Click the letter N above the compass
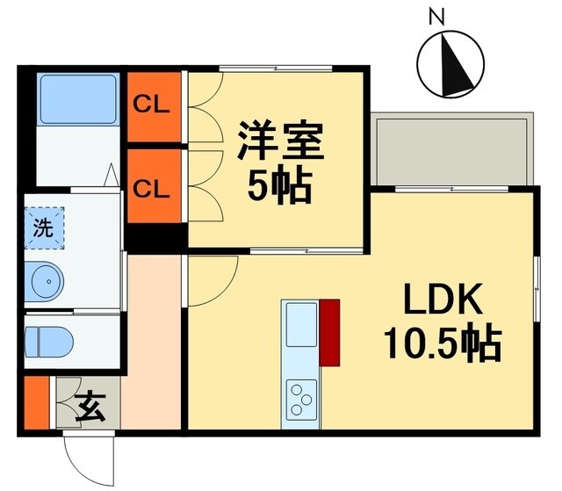click(x=436, y=16)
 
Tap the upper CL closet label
click(x=151, y=105)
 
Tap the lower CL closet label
click(x=151, y=187)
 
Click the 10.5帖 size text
click(x=441, y=343)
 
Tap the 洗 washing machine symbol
click(x=43, y=226)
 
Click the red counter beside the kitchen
click(x=330, y=332)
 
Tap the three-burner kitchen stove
click(x=300, y=398)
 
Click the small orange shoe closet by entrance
click(x=37, y=402)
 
